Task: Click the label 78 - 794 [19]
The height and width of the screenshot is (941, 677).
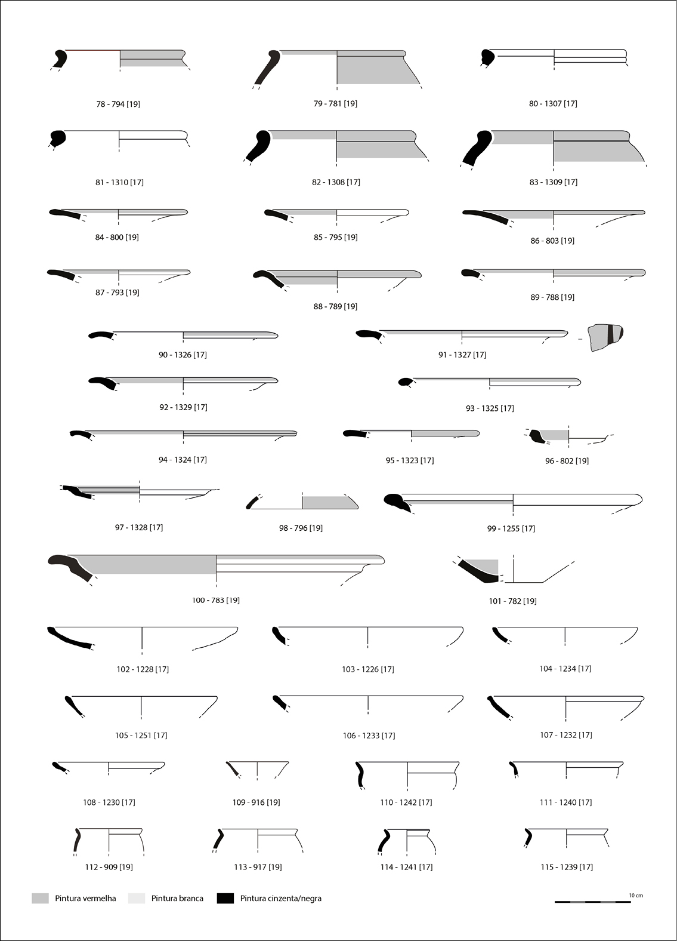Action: [118, 104]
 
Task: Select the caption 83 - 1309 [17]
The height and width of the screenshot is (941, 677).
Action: [554, 182]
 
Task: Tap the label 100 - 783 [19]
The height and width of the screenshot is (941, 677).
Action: [216, 600]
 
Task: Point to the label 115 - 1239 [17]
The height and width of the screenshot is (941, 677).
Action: [567, 867]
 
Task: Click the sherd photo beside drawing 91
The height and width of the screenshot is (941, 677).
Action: [605, 337]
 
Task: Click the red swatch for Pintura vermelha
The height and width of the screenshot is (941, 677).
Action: [40, 898]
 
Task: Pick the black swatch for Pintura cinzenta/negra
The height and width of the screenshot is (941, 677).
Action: [225, 898]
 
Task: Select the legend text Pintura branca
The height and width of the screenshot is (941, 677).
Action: [177, 898]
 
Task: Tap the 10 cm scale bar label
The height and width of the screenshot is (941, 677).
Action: [636, 895]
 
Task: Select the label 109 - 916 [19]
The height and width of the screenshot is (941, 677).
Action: [256, 802]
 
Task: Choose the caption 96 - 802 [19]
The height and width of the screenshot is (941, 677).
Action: [567, 461]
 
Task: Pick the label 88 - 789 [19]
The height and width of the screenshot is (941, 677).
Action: [335, 306]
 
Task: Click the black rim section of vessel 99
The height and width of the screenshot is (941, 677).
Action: [397, 502]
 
